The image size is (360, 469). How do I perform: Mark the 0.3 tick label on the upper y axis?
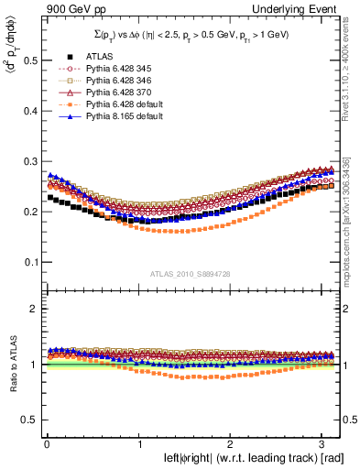click(29, 161)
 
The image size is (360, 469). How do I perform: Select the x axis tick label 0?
click(46, 444)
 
